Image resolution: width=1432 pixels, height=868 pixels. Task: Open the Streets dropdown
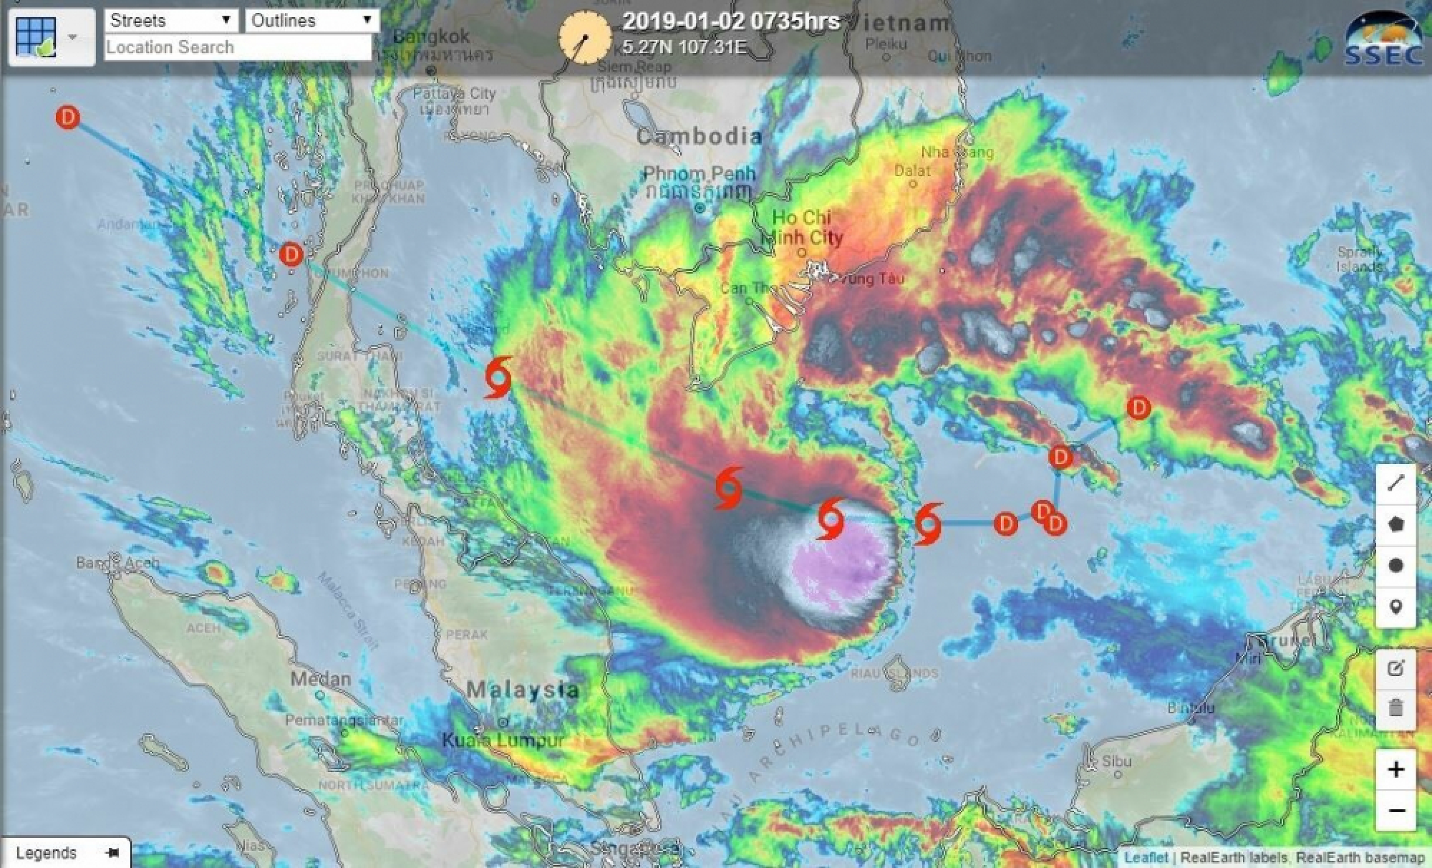pyautogui.click(x=170, y=20)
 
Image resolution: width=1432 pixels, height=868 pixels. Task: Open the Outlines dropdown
pyautogui.click(x=311, y=20)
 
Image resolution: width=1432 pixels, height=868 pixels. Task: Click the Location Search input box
pyautogui.click(x=238, y=47)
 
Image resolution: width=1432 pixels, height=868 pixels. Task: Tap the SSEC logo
pyautogui.click(x=1383, y=40)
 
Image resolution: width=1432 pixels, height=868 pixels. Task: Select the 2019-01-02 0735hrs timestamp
pyautogui.click(x=730, y=21)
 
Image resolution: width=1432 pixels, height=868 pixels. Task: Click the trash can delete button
pyautogui.click(x=1395, y=708)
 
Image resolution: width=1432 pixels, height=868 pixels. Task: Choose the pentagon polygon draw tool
pyautogui.click(x=1395, y=524)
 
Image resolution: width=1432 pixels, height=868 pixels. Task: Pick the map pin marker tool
pyautogui.click(x=1395, y=607)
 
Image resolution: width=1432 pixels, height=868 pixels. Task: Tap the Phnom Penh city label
pyautogui.click(x=699, y=174)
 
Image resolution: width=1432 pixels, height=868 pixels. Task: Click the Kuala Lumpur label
pyautogui.click(x=503, y=740)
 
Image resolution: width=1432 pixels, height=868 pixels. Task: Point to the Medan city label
pyautogui.click(x=320, y=678)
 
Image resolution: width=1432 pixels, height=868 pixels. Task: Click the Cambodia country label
pyautogui.click(x=699, y=136)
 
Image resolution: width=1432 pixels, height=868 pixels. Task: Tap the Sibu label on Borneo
pyautogui.click(x=1116, y=761)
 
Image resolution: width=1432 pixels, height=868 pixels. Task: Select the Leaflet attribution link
pyautogui.click(x=1145, y=857)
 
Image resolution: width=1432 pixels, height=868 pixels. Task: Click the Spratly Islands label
pyautogui.click(x=1360, y=259)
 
